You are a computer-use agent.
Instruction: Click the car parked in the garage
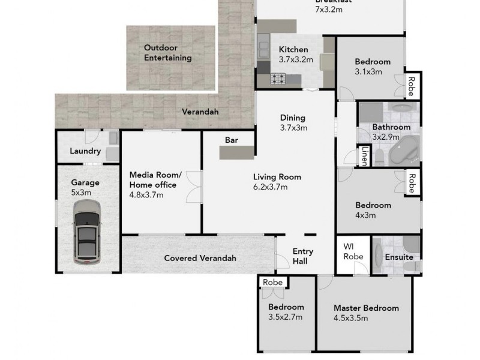pos(86,232)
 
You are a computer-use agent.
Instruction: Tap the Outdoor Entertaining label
pos(167,53)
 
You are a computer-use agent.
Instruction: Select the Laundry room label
pos(85,151)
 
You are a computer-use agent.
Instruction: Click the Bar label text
pos(232,140)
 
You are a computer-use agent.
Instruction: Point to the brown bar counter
pos(237,153)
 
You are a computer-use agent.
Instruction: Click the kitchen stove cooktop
pos(278,79)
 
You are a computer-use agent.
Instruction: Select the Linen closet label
pos(364,157)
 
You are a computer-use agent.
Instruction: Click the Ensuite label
pos(399,257)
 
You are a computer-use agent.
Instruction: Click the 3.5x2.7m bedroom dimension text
pos(285,317)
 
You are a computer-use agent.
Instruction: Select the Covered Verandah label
pos(200,258)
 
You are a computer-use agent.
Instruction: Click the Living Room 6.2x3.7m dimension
pos(271,187)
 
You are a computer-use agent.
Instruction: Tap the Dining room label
pos(293,118)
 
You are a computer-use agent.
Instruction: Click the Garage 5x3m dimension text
pos(82,193)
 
